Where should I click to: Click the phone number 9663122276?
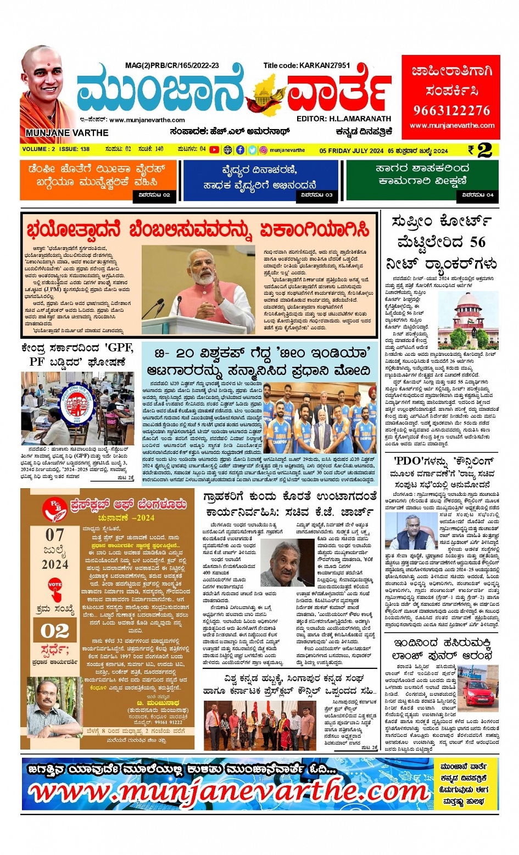pos(451,110)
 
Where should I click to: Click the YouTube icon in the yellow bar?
pos(214,150)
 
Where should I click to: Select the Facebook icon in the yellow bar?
pos(240,150)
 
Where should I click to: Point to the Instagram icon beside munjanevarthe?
pos(264,150)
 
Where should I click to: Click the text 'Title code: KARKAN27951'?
pos(306,65)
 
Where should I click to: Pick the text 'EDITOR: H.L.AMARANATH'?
pos(344,119)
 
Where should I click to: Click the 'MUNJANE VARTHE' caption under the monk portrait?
pos(67,133)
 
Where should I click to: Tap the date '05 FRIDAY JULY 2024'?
pos(351,150)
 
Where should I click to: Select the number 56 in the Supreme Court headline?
pos(477,242)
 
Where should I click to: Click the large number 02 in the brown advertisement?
pos(55,631)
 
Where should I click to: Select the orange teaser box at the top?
pos(99,180)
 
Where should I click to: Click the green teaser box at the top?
pos(422,180)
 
